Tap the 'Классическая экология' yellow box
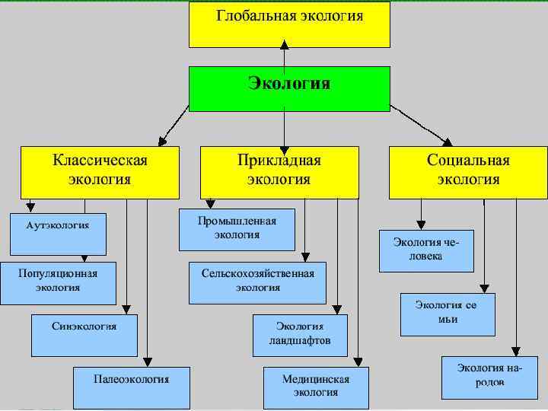100,171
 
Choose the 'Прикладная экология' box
279,171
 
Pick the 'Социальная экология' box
468,171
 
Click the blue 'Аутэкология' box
58,234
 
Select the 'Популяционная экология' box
58,282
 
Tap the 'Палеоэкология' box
132,388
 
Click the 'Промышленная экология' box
237,229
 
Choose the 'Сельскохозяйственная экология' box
257,282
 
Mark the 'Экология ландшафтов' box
300,334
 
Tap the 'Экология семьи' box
448,313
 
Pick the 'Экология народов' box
489,377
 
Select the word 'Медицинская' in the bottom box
315,380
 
